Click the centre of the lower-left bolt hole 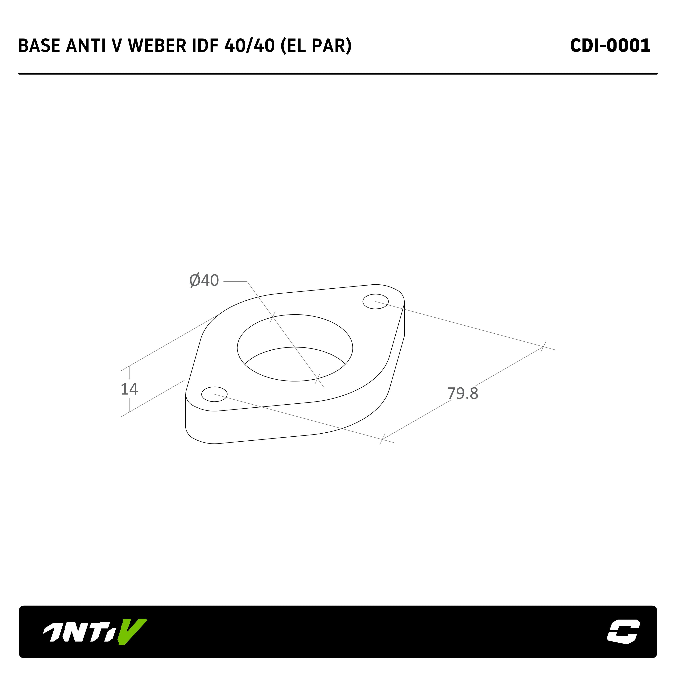pos(214,394)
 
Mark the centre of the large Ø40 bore pos(295,348)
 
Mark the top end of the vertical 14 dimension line pos(130,366)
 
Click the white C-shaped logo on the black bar pos(624,631)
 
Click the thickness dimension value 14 pos(129,389)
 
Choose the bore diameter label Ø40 pos(204,280)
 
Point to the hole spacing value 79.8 pos(463,394)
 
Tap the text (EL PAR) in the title pos(316,46)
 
